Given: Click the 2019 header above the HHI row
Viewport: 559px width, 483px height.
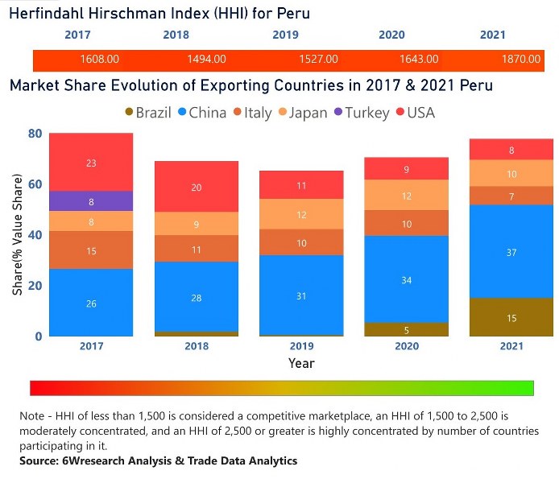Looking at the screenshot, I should point(285,35).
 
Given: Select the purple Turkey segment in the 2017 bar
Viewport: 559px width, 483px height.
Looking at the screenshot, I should point(90,201).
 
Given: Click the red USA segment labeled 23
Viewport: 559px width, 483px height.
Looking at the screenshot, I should point(90,163).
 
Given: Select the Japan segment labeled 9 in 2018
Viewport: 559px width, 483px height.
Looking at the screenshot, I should point(197,225).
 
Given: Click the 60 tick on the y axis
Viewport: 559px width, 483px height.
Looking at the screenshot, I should point(35,184).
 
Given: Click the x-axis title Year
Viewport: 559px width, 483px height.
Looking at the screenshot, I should point(302,364).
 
